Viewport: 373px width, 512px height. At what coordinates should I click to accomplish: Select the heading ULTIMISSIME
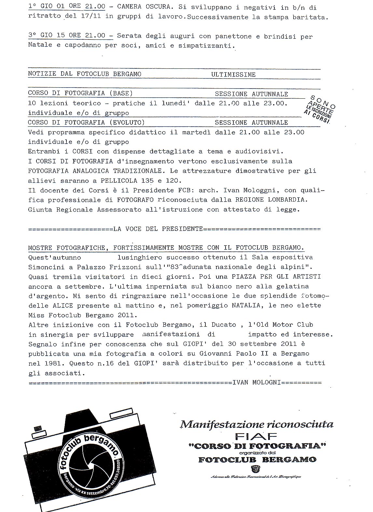point(233,75)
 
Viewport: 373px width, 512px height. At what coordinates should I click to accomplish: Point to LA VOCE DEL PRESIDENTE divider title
point(158,229)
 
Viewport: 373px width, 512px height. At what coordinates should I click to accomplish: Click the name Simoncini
point(46,267)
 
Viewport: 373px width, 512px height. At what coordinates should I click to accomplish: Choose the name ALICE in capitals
point(62,306)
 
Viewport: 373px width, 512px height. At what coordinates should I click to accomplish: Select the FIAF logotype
point(256,436)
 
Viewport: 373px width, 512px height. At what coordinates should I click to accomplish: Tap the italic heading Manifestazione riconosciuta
point(257,424)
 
